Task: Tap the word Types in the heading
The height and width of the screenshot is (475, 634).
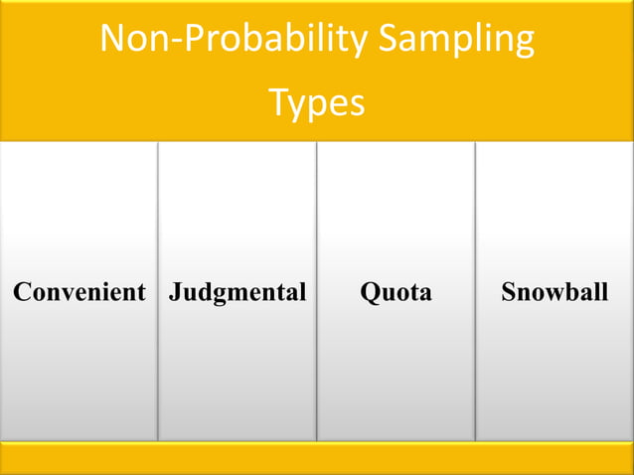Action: [x=317, y=102]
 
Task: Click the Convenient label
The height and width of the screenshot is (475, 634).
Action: [x=79, y=292]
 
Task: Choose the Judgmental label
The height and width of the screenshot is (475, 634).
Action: [x=238, y=292]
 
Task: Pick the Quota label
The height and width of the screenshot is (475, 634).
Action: [x=396, y=292]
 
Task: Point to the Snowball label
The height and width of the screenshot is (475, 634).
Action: [x=555, y=292]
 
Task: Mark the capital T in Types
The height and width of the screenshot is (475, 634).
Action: [x=279, y=101]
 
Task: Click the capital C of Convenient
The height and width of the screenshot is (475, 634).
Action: [x=21, y=292]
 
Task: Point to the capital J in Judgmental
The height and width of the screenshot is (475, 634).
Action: [x=175, y=292]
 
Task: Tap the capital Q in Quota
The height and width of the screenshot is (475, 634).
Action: [x=369, y=292]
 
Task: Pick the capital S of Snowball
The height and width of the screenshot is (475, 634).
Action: [x=509, y=292]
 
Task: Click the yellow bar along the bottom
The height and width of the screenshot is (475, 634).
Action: [x=317, y=457]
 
